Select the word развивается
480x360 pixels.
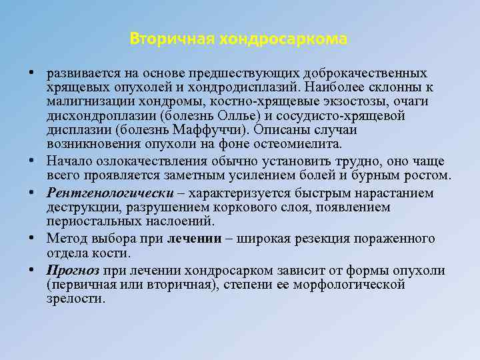(79, 73)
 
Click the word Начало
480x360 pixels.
(70, 161)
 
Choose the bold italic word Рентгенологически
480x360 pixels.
(103, 193)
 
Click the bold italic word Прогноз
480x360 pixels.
(73, 271)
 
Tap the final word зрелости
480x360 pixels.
(75, 299)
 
